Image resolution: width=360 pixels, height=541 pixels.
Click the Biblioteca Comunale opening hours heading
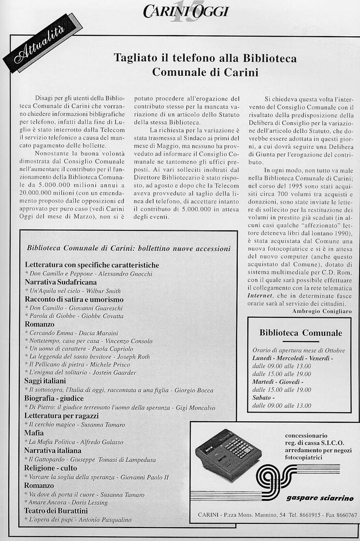[x=301, y=333]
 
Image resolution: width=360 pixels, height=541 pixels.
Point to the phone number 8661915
[x=306, y=515]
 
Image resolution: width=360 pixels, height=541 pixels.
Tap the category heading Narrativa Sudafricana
[x=60, y=282]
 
